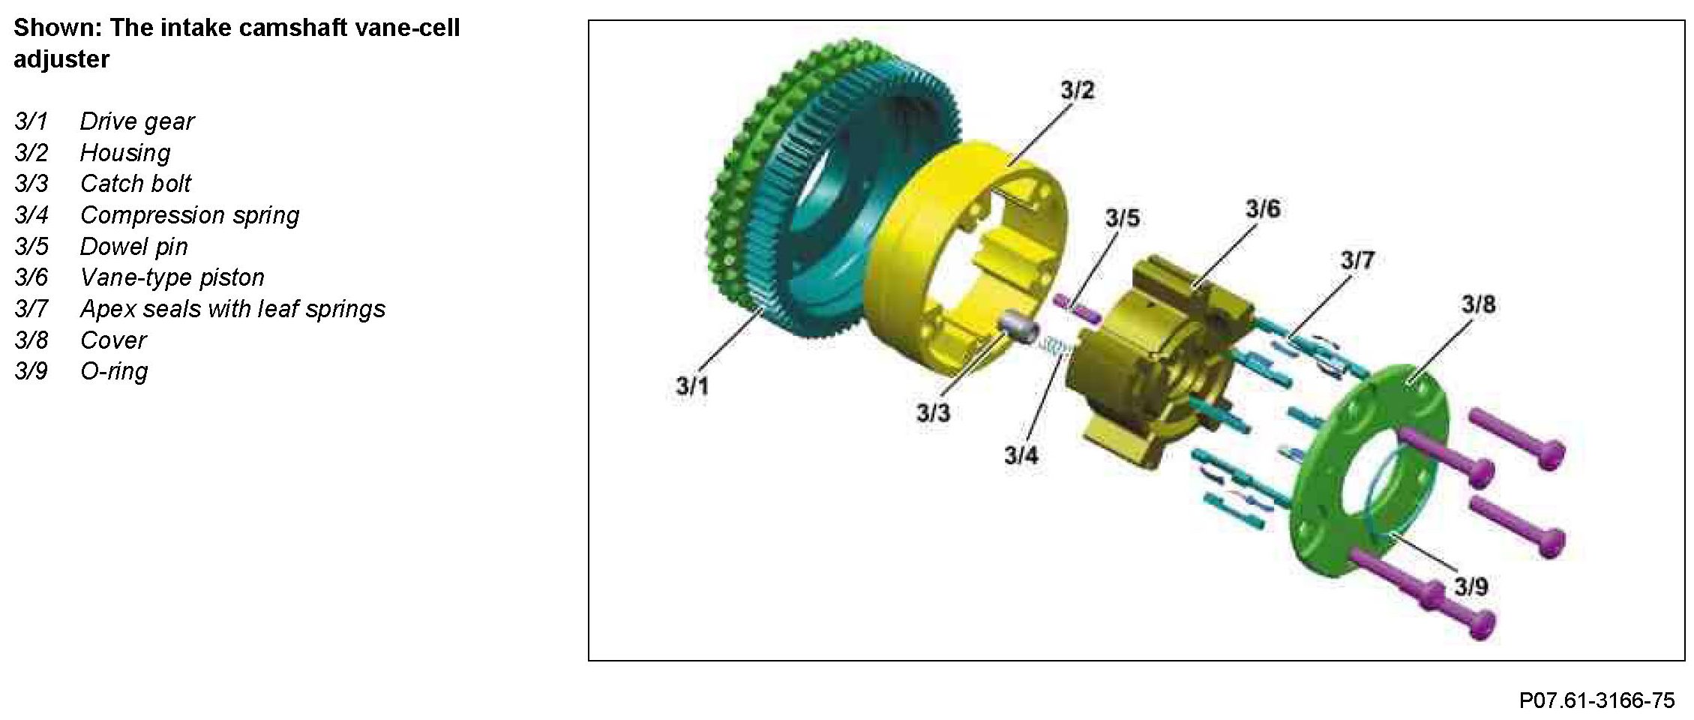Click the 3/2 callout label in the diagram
point(1077,91)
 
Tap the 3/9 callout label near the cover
point(1471,586)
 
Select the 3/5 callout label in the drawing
point(1122,218)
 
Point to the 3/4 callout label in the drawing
point(1021,454)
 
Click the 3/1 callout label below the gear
point(692,386)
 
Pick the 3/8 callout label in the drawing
point(1478,304)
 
